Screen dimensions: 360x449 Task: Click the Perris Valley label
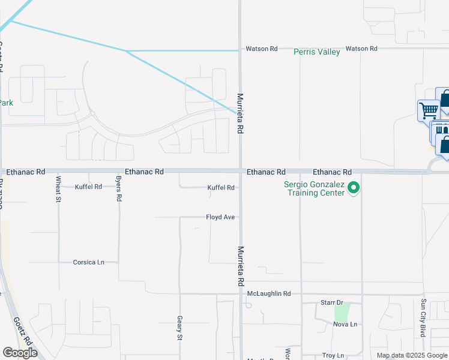pyautogui.click(x=317, y=52)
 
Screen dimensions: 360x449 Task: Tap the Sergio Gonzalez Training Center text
pyautogui.click(x=315, y=189)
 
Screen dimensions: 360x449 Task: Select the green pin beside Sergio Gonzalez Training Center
pyautogui.click(x=354, y=188)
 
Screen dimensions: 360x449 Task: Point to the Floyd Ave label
pyautogui.click(x=220, y=217)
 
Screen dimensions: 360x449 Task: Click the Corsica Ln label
pyautogui.click(x=88, y=262)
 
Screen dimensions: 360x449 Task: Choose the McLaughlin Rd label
pyautogui.click(x=269, y=293)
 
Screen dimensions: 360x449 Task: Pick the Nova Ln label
pyautogui.click(x=345, y=325)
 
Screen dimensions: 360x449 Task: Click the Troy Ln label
pyautogui.click(x=333, y=356)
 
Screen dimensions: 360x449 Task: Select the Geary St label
pyautogui.click(x=179, y=328)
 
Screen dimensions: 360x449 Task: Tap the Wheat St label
pyautogui.click(x=58, y=188)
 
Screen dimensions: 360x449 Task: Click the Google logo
pyautogui.click(x=20, y=353)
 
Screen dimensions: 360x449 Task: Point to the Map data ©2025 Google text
pyautogui.click(x=411, y=355)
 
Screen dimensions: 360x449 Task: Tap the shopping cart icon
pyautogui.click(x=429, y=110)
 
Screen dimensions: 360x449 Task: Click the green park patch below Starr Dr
pyautogui.click(x=341, y=313)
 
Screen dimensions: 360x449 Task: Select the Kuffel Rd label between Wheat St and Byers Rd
pyautogui.click(x=88, y=187)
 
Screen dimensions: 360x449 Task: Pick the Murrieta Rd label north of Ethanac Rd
pyautogui.click(x=240, y=113)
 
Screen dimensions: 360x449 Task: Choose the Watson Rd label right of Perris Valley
pyautogui.click(x=361, y=48)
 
